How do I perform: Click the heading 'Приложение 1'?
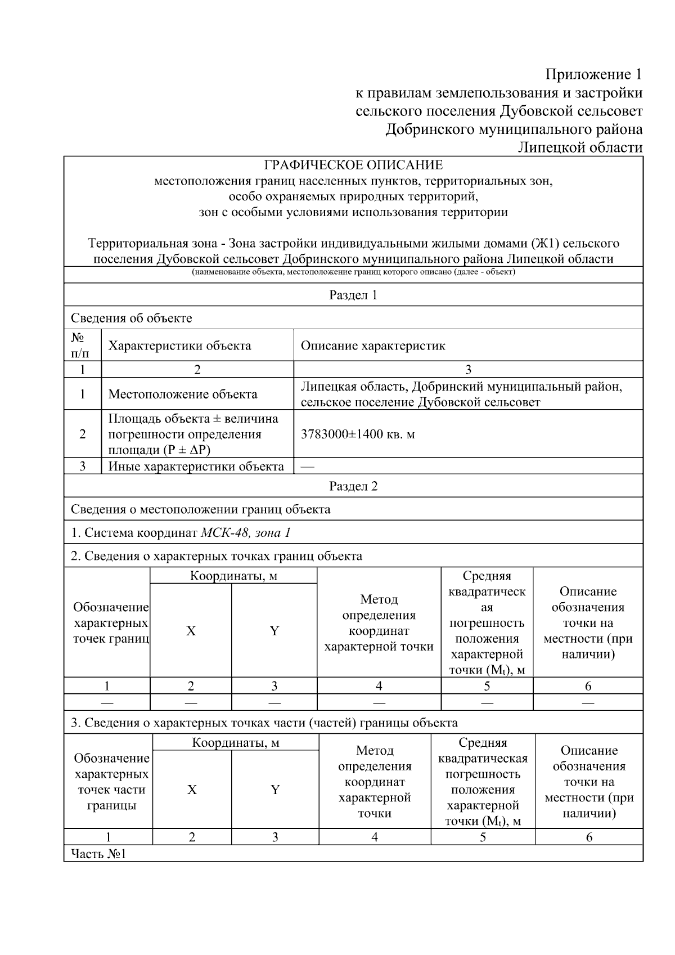[x=593, y=74]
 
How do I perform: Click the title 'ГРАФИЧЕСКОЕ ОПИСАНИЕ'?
[x=353, y=165]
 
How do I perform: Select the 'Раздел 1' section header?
[x=353, y=295]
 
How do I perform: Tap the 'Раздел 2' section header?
[x=353, y=486]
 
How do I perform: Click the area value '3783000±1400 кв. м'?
[x=358, y=434]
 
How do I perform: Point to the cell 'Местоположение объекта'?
[x=183, y=394]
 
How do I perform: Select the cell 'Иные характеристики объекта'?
[x=196, y=467]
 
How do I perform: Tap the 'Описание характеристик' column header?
[x=373, y=346]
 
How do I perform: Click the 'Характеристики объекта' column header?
[x=179, y=346]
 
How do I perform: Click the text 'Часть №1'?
[x=98, y=854]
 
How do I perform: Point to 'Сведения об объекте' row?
[x=131, y=318]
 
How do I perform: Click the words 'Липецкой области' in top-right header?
[x=580, y=147]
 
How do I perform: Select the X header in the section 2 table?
[x=191, y=631]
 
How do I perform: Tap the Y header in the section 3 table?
[x=275, y=790]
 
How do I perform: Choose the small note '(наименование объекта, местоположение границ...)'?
[x=353, y=272]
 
